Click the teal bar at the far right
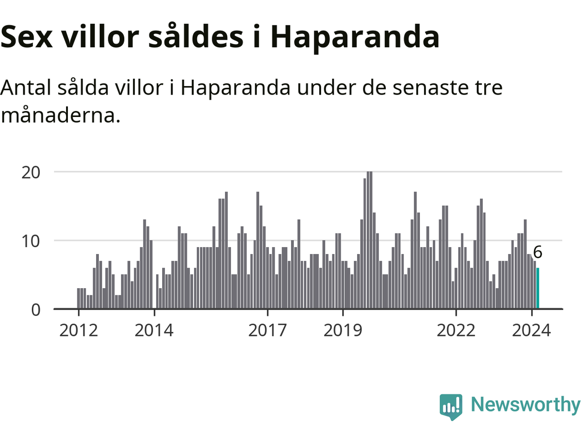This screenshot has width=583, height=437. (538, 288)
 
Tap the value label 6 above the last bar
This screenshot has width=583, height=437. (537, 252)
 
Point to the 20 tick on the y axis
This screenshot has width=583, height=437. (31, 172)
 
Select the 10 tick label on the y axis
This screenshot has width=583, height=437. (31, 241)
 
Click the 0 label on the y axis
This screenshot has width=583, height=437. (36, 310)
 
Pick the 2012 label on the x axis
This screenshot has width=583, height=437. (78, 330)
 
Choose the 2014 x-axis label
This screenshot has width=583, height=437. (154, 330)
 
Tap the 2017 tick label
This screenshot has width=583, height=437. (267, 330)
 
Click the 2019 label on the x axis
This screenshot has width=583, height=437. (343, 330)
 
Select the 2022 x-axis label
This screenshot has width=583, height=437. (456, 330)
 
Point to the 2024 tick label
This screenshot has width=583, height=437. (531, 330)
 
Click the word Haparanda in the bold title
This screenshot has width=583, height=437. (355, 37)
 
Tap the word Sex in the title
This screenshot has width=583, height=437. (26, 37)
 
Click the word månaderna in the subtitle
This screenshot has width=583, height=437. (61, 115)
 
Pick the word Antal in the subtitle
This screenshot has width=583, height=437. (26, 87)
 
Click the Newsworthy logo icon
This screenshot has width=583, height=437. (451, 406)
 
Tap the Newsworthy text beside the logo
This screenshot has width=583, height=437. (525, 405)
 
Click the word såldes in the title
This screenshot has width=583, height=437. (196, 37)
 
